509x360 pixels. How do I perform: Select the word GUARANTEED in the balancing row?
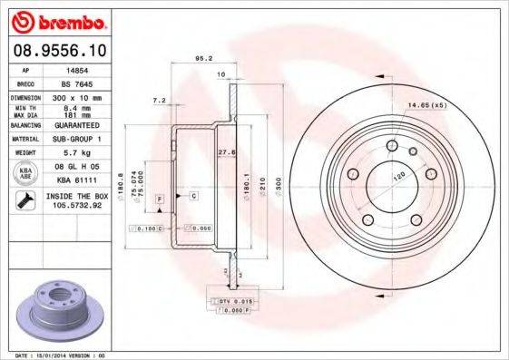(79, 125)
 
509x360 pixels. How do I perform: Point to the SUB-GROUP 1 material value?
(79, 140)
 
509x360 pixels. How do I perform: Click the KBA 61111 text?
(79, 180)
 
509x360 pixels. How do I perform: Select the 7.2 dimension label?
(160, 100)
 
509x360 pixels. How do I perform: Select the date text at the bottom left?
(56, 355)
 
